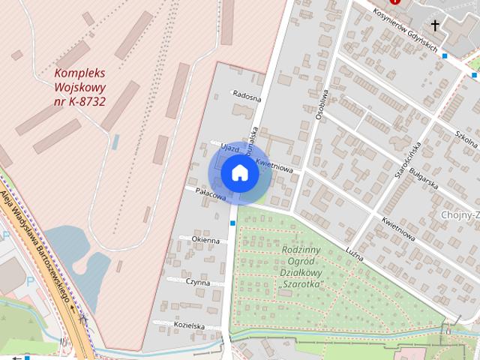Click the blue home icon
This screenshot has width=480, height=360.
(x=239, y=173)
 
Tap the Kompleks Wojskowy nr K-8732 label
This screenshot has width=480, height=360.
(x=79, y=86)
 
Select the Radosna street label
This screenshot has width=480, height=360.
(x=247, y=97)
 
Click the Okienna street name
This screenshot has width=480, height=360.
(x=205, y=240)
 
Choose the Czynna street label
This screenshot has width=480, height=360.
(x=199, y=282)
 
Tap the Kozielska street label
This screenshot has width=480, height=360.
(x=188, y=325)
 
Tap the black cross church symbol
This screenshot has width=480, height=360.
(x=435, y=25)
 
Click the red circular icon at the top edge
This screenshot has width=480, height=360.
(x=394, y=3)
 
